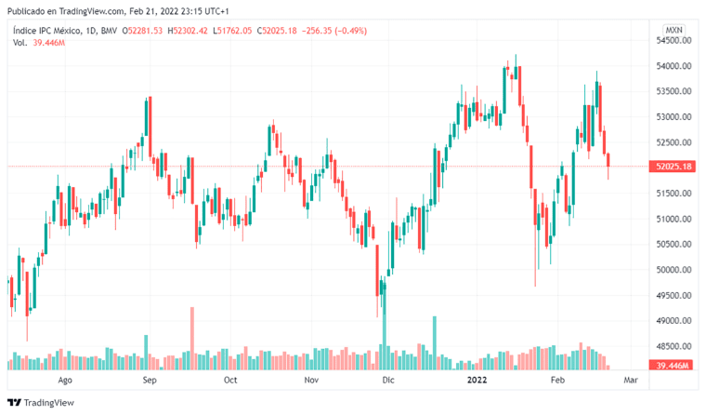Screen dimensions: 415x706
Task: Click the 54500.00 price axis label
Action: (x=671, y=40)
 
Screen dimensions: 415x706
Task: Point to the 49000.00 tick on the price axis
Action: (x=671, y=321)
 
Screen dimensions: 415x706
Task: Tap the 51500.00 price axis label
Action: (x=671, y=194)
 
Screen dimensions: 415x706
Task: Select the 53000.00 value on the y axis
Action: (x=671, y=117)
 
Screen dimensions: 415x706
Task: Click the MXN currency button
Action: (x=674, y=30)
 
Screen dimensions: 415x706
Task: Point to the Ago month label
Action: (x=65, y=381)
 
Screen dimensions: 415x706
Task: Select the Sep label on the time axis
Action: (x=150, y=381)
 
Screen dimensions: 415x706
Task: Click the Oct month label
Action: (x=230, y=381)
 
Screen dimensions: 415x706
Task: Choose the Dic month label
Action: (x=388, y=381)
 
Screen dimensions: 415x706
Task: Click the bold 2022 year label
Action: (x=477, y=381)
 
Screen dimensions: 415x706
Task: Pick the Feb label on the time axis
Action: (x=556, y=381)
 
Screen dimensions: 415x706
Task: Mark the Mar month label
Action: (x=631, y=381)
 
